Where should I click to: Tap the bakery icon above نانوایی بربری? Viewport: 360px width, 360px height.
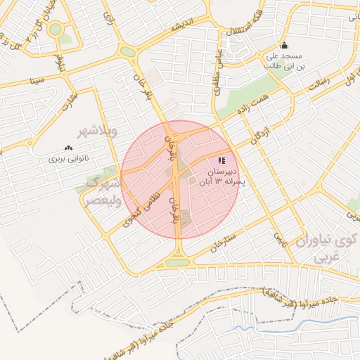pyautogui.click(x=69, y=148)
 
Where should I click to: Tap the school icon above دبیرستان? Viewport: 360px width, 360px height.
pyautogui.click(x=222, y=160)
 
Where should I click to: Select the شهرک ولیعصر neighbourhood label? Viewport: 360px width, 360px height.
pyautogui.click(x=103, y=190)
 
